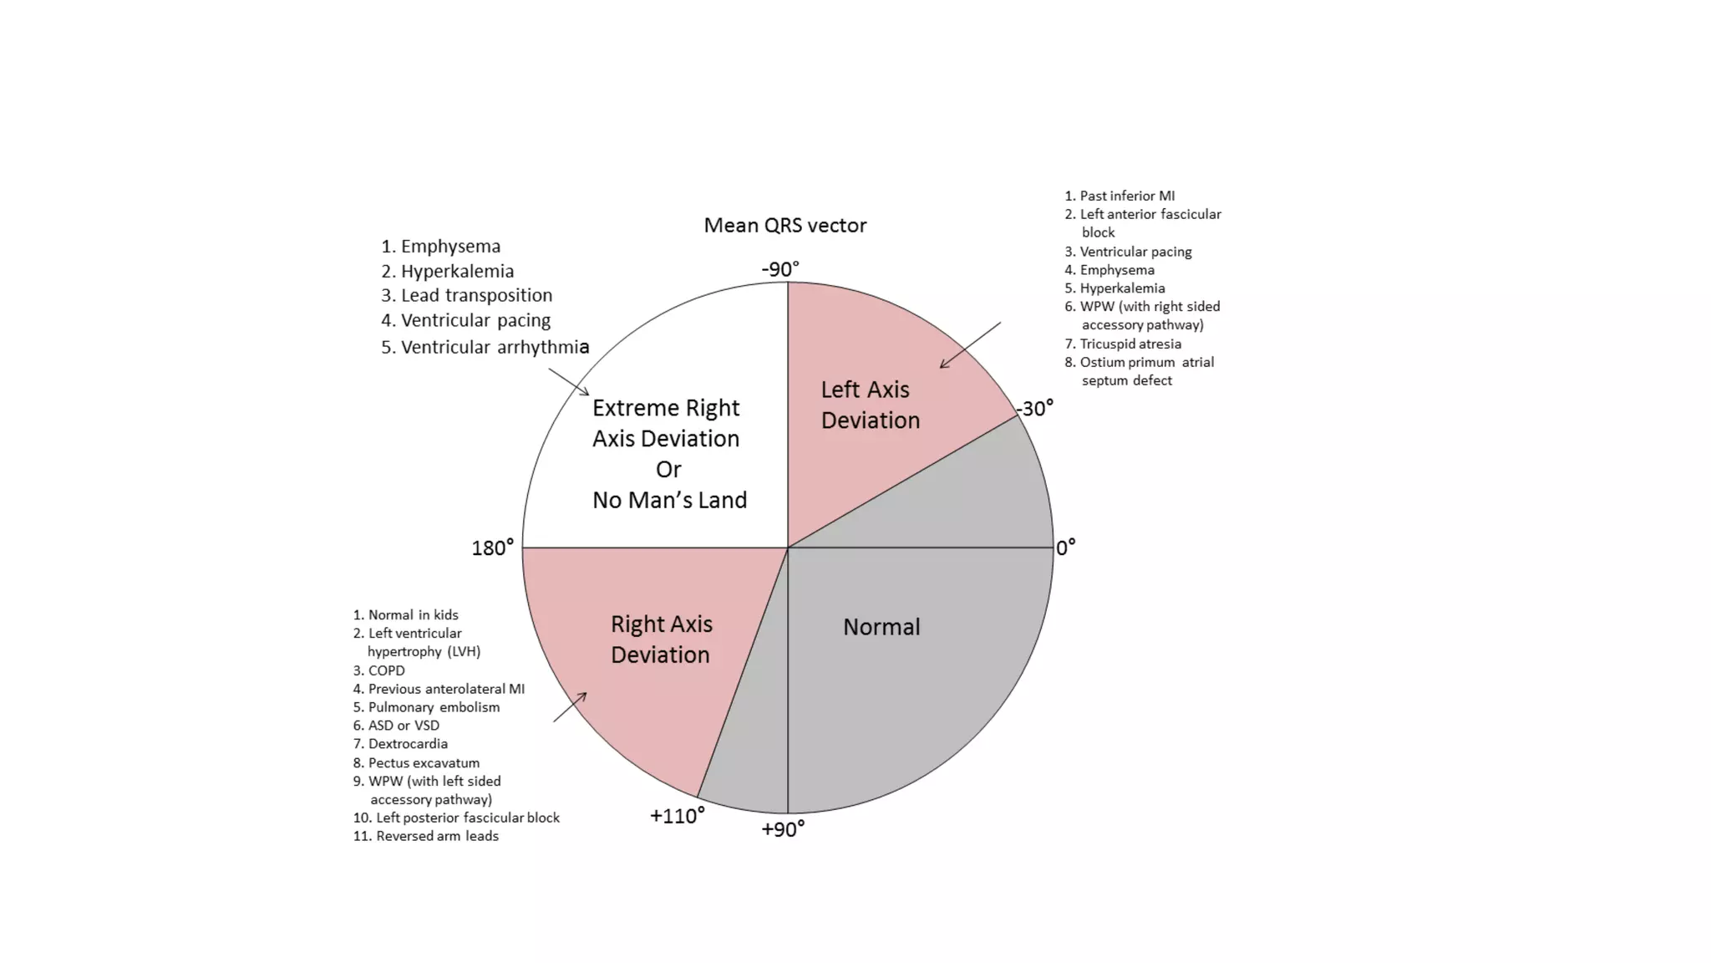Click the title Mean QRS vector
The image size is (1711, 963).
[784, 226]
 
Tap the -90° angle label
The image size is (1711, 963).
[780, 269]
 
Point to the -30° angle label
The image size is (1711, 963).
[1035, 409]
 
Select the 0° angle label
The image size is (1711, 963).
[1066, 548]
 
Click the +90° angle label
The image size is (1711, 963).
[783, 829]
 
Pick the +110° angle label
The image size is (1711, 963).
[677, 816]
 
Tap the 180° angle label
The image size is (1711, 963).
[492, 548]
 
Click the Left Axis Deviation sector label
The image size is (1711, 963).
[869, 405]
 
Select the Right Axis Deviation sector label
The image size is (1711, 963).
[661, 639]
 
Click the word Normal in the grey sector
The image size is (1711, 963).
[881, 627]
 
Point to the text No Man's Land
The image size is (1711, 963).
[669, 500]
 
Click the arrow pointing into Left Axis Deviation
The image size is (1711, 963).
[970, 344]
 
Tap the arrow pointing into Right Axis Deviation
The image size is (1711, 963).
[570, 707]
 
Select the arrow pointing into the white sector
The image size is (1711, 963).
[569, 382]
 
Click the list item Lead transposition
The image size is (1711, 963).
[476, 295]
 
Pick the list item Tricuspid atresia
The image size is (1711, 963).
[1130, 344]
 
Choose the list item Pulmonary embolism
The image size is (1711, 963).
[434, 707]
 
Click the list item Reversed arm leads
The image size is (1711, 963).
[436, 836]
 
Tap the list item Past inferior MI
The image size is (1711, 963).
[1126, 196]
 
